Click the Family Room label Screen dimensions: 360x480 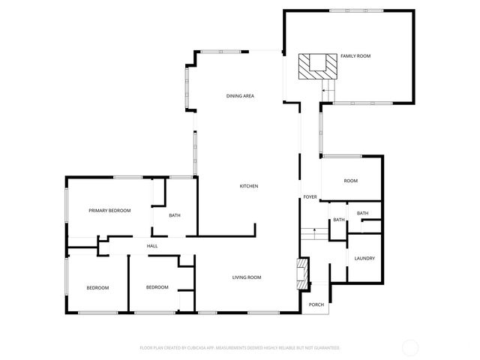[355, 56]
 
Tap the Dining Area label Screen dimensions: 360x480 [241, 96]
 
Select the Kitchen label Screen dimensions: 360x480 [249, 186]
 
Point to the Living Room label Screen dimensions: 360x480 [246, 277]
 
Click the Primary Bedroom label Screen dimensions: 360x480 [109, 211]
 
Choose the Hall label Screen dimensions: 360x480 [152, 246]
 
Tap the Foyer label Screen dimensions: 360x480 [310, 197]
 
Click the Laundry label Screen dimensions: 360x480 [364, 259]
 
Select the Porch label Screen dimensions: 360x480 [316, 304]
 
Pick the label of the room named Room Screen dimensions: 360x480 [350, 181]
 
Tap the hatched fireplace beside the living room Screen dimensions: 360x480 [301, 274]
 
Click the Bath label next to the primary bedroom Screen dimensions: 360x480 [175, 216]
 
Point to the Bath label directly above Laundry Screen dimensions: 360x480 [363, 214]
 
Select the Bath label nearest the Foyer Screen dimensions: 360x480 [339, 220]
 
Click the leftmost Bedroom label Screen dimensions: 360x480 [97, 288]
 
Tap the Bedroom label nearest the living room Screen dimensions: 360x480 [157, 287]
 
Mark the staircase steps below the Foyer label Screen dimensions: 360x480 [310, 233]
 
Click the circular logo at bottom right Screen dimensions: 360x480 [410, 347]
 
